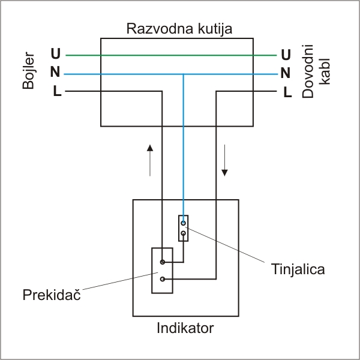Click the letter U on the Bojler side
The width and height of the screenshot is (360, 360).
pyautogui.click(x=56, y=55)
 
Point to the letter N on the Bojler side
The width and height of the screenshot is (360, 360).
pyautogui.click(x=56, y=74)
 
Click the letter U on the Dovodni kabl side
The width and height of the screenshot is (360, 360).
pyautogui.click(x=286, y=55)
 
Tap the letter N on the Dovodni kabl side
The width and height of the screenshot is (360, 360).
pyautogui.click(x=286, y=74)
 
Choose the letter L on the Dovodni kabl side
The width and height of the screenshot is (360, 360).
pyautogui.click(x=287, y=92)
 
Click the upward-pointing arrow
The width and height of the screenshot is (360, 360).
pyautogui.click(x=150, y=159)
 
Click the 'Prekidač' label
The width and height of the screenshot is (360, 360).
pyautogui.click(x=52, y=295)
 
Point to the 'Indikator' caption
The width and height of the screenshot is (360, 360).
pyautogui.click(x=185, y=329)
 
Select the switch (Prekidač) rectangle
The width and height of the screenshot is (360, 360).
pyautogui.click(x=162, y=271)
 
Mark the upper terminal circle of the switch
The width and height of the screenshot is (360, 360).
pyautogui.click(x=163, y=262)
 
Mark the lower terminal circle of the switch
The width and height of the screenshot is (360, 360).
pyautogui.click(x=163, y=279)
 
